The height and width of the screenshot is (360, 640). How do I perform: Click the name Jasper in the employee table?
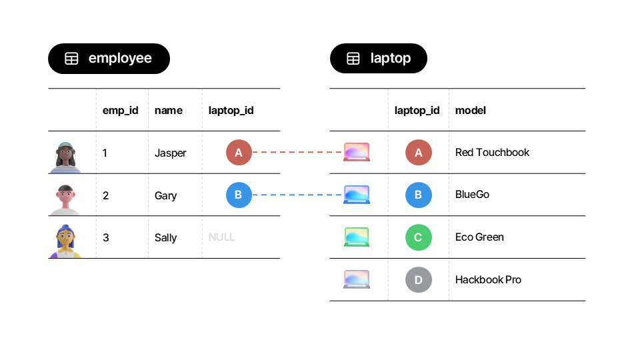click(x=170, y=153)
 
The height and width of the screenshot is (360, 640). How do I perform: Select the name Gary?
click(x=165, y=195)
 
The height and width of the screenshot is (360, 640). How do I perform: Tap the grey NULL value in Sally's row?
click(x=221, y=237)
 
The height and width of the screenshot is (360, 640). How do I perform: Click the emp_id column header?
click(x=120, y=110)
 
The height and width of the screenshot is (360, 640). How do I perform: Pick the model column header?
click(x=470, y=110)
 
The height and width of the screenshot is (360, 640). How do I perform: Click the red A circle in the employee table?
click(x=239, y=153)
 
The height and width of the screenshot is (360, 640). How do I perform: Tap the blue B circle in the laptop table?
click(x=418, y=195)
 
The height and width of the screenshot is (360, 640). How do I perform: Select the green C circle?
click(x=418, y=237)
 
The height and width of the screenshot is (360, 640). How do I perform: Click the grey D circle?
click(x=418, y=280)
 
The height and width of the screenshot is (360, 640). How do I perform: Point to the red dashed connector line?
click(x=297, y=153)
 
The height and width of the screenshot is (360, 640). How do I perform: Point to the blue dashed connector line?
click(x=297, y=195)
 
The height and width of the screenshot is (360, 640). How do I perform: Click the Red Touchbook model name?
click(x=492, y=153)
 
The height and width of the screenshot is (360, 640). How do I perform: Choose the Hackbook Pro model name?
click(x=488, y=280)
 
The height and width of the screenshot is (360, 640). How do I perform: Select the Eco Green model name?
click(x=479, y=237)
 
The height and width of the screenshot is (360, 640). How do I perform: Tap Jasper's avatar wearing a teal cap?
click(x=65, y=157)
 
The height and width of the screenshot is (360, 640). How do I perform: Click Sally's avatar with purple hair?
click(x=65, y=241)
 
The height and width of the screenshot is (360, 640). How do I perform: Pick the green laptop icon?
click(x=356, y=237)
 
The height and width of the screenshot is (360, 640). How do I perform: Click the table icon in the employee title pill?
click(x=71, y=59)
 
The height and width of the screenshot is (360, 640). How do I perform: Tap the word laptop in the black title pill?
click(x=390, y=59)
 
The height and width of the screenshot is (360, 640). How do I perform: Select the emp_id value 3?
click(x=105, y=237)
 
